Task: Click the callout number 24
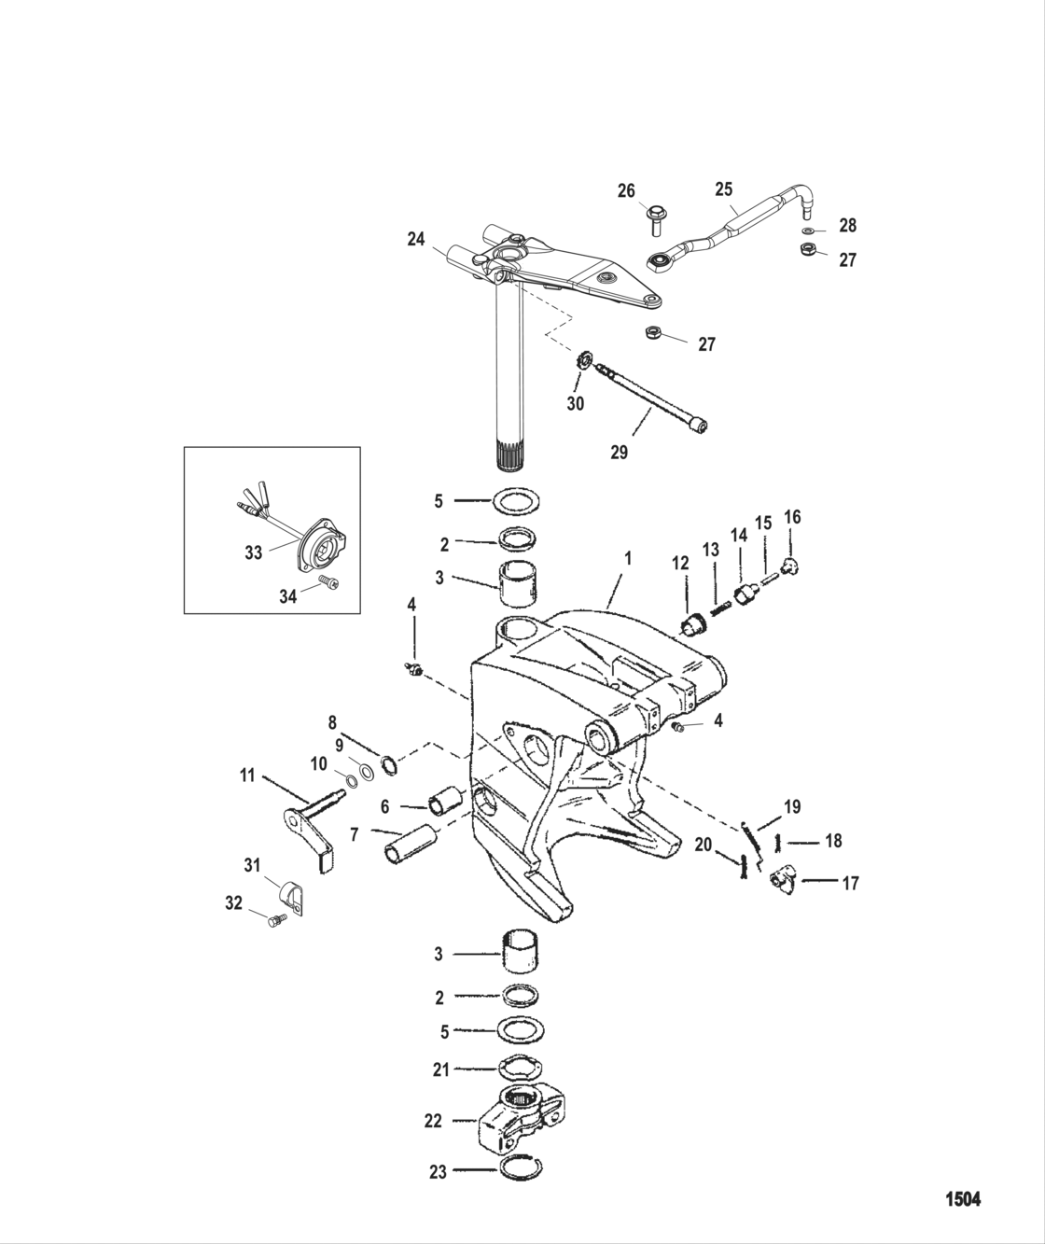coord(416,240)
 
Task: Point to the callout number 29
coord(619,453)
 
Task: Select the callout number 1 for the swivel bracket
coord(628,557)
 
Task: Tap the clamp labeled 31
coord(293,897)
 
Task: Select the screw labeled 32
coord(274,921)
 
